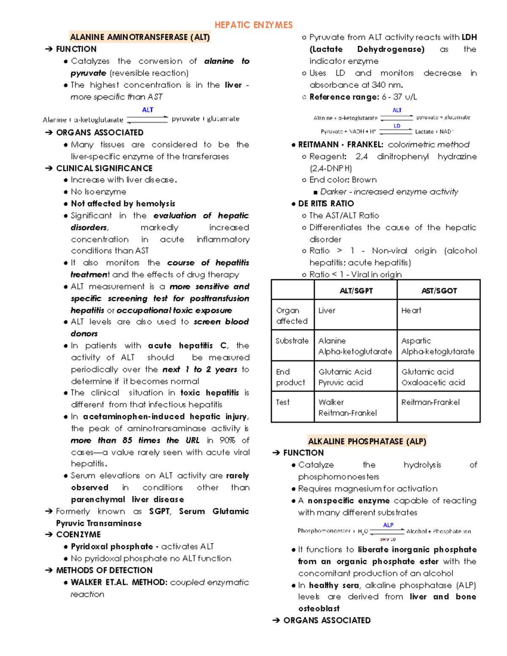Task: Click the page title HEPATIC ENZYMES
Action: pos(253,25)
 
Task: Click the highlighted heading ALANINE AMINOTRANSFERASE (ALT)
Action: pos(140,37)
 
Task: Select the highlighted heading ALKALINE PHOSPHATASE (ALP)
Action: pos(367,441)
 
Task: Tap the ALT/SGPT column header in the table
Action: pos(356,291)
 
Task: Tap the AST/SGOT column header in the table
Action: pos(439,291)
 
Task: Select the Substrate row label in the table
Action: pos(292,341)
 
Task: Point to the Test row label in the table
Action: pos(283,402)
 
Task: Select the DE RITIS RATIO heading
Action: pos(326,204)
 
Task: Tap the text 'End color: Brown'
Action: pos(343,180)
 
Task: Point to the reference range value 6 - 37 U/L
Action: pos(399,97)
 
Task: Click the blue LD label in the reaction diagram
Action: pos(397,126)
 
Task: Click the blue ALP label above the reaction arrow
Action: pos(388,525)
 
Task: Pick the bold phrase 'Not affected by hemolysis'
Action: pos(123,204)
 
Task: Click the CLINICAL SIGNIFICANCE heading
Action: pos(104,168)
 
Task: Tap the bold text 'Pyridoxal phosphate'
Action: pos(112,547)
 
